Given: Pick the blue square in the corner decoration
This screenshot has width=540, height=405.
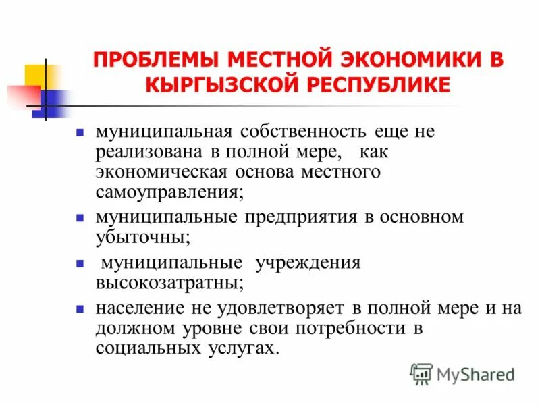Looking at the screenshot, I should point(51,104).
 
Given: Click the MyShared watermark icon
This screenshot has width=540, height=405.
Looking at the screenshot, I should point(421,373).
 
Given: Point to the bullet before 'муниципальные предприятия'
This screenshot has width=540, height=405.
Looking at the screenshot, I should point(79,219).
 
